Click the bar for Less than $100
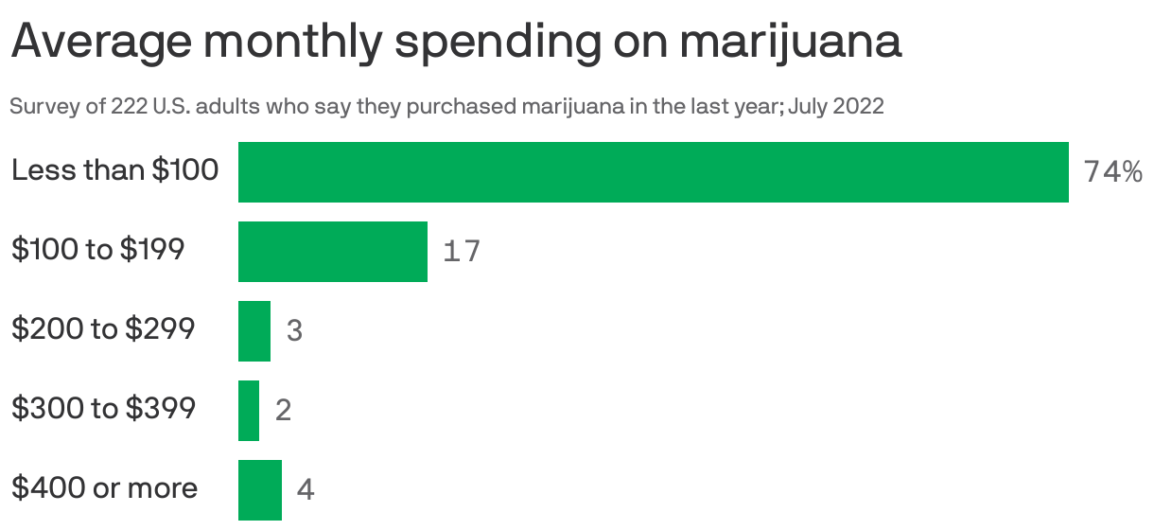(x=653, y=172)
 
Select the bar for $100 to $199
(x=332, y=252)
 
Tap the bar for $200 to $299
(x=254, y=331)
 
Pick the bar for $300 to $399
(x=248, y=411)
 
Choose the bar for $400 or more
(x=259, y=489)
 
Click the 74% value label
(x=1113, y=172)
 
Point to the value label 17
(x=462, y=252)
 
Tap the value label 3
(x=294, y=331)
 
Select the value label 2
(x=283, y=411)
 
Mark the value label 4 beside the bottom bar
(x=305, y=490)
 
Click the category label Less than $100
(x=114, y=170)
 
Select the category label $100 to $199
(x=97, y=250)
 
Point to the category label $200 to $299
(x=103, y=329)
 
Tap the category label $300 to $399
(x=103, y=409)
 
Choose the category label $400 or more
(x=105, y=488)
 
